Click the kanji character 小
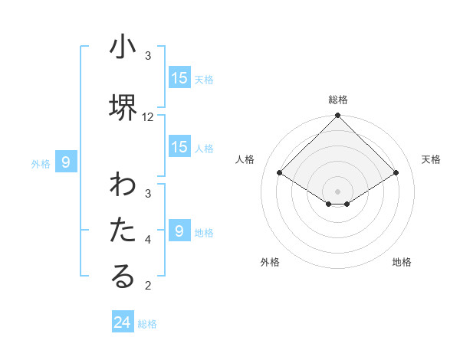pyautogui.click(x=123, y=47)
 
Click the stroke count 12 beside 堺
pyautogui.click(x=148, y=117)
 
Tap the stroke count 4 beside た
pyautogui.click(x=148, y=240)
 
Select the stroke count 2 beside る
pyautogui.click(x=148, y=286)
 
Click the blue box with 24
pyautogui.click(x=123, y=322)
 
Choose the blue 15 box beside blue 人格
pyautogui.click(x=179, y=148)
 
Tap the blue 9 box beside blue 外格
pyautogui.click(x=66, y=162)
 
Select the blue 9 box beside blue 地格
pyautogui.click(x=179, y=231)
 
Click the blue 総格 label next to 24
pyautogui.click(x=147, y=324)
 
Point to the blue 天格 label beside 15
pyautogui.click(x=203, y=79)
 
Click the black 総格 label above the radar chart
pyautogui.click(x=338, y=100)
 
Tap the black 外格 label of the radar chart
pyautogui.click(x=270, y=262)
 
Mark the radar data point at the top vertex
pyautogui.click(x=338, y=116)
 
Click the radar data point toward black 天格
pyautogui.click(x=396, y=173)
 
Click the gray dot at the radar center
pyautogui.click(x=338, y=191)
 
